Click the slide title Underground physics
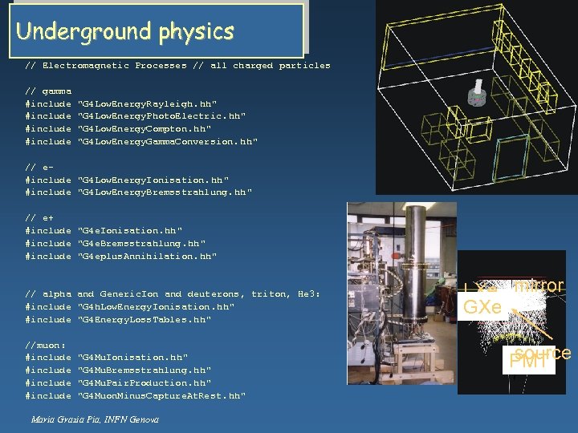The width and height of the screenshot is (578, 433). (124, 31)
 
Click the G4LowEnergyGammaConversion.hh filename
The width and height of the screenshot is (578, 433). (167, 141)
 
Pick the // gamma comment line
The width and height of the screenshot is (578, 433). (48, 91)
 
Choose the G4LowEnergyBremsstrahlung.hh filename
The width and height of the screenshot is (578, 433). (165, 192)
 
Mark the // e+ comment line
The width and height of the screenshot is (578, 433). (39, 217)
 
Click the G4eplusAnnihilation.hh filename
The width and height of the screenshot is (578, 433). (147, 257)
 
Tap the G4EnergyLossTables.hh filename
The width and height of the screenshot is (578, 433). (144, 320)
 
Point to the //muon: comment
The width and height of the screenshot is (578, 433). (45, 345)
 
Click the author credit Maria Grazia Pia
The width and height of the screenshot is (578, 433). (95, 419)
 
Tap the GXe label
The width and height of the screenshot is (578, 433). (482, 307)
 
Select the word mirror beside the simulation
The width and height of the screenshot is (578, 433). (539, 286)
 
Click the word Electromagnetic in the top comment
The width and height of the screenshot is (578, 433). (86, 66)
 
